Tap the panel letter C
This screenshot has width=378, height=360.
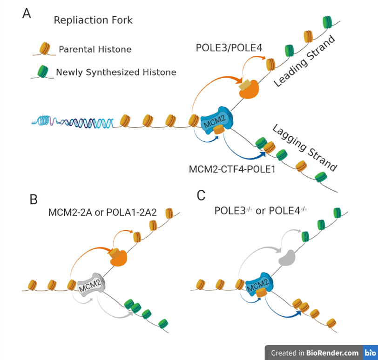pyautogui.click(x=201, y=195)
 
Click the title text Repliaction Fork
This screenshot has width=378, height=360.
pyautogui.click(x=93, y=20)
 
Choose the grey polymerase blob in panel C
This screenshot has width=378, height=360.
pyautogui.click(x=288, y=257)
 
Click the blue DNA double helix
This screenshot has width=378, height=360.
pyautogui.click(x=74, y=122)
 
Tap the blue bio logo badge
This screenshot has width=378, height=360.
pyautogui.click(x=370, y=353)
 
